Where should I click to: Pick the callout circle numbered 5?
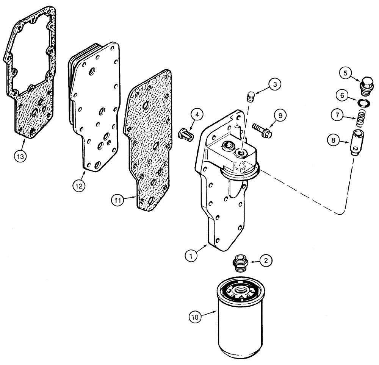coord(346,73)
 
